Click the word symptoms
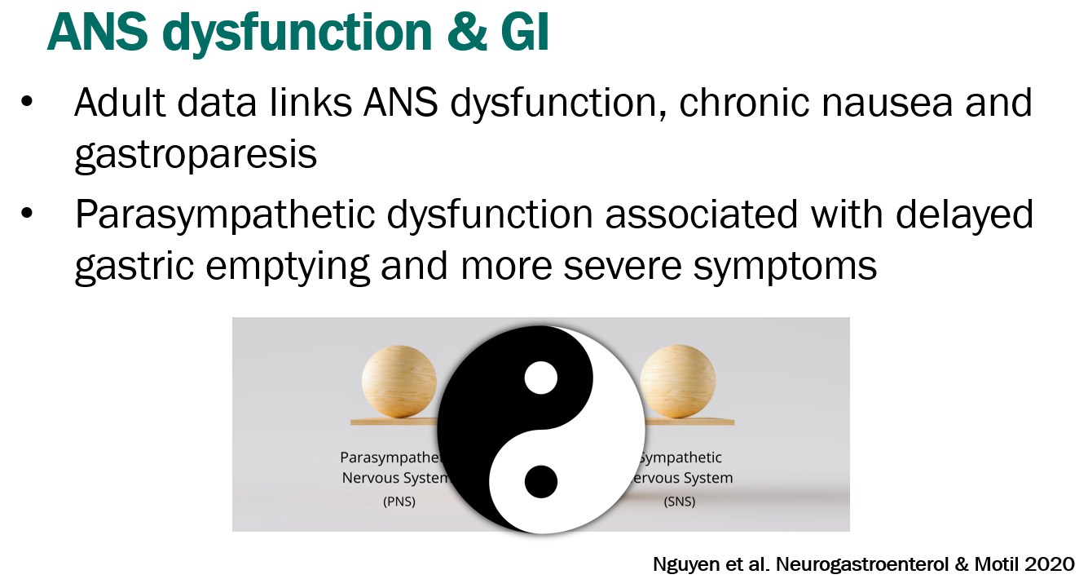pos(791,267)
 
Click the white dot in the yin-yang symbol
pos(540,378)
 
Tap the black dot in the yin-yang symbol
pos(540,481)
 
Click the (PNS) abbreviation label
pos(399,502)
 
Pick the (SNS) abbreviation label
pos(679,502)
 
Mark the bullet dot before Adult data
pos(29,103)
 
